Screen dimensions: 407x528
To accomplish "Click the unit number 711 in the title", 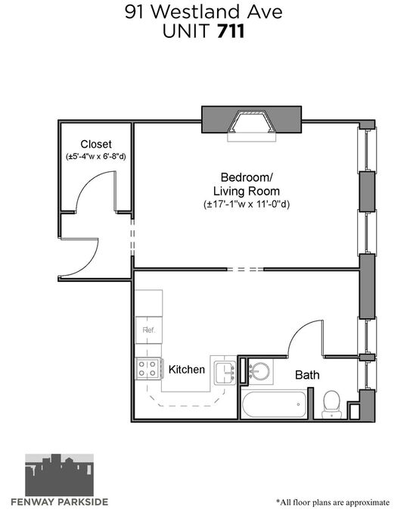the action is point(231,31).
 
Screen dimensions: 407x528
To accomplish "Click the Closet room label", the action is point(96,144).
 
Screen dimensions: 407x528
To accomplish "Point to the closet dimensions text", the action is point(96,157).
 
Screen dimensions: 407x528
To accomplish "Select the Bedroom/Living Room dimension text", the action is point(247,204).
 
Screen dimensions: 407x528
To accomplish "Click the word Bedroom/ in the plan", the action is point(247,177).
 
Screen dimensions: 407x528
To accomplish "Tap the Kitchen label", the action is point(186,370).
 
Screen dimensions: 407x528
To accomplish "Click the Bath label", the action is point(307,375).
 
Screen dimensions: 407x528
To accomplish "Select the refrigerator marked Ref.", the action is point(149,330).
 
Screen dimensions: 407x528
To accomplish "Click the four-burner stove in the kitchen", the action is point(148,368).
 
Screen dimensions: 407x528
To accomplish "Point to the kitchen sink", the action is point(225,373).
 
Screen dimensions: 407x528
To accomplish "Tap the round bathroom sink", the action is point(259,371).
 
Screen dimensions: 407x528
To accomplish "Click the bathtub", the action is point(274,404).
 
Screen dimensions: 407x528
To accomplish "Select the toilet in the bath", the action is point(331,405).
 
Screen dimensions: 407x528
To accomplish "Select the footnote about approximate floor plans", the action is point(333,502).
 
